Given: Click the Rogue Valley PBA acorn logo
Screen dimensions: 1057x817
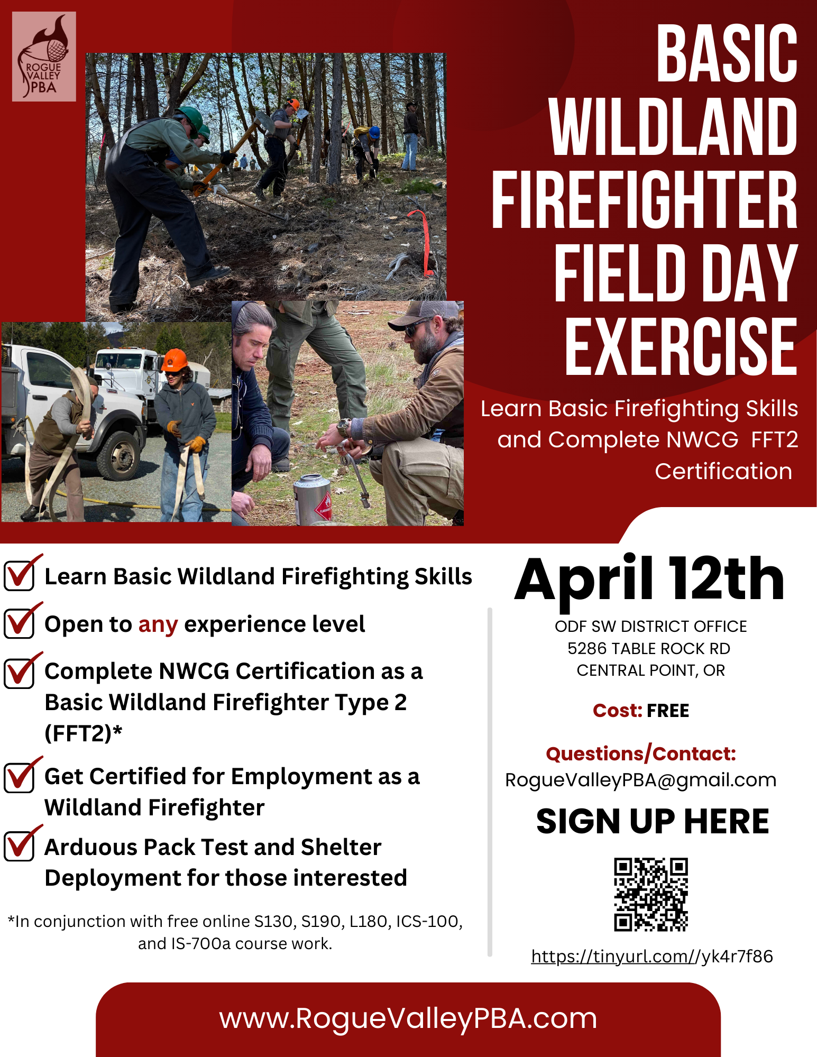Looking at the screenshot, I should click(x=44, y=57).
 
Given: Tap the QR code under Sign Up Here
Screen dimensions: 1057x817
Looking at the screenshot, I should click(x=650, y=894).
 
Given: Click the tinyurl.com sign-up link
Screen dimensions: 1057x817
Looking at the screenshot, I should click(x=651, y=957).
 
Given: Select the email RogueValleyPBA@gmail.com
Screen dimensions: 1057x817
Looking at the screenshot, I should click(x=640, y=780).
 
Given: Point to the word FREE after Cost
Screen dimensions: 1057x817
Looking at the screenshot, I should click(x=667, y=711).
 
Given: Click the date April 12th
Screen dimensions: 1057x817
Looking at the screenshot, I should click(x=649, y=581).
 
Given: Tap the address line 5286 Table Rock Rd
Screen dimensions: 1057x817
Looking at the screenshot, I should click(x=649, y=648).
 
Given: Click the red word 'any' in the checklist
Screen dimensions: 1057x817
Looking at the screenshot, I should click(x=158, y=624).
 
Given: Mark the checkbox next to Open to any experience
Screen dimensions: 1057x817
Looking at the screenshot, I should click(x=20, y=623).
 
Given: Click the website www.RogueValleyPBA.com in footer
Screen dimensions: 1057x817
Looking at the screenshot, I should click(x=408, y=1018).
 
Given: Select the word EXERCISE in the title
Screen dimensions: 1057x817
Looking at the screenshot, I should click(x=681, y=346).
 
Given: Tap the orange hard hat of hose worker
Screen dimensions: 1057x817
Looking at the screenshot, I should click(x=174, y=360).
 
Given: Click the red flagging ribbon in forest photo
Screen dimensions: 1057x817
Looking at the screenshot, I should click(x=423, y=241).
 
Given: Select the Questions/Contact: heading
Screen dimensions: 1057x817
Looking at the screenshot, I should click(x=640, y=754).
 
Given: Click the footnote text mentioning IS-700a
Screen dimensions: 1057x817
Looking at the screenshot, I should click(x=235, y=943).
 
